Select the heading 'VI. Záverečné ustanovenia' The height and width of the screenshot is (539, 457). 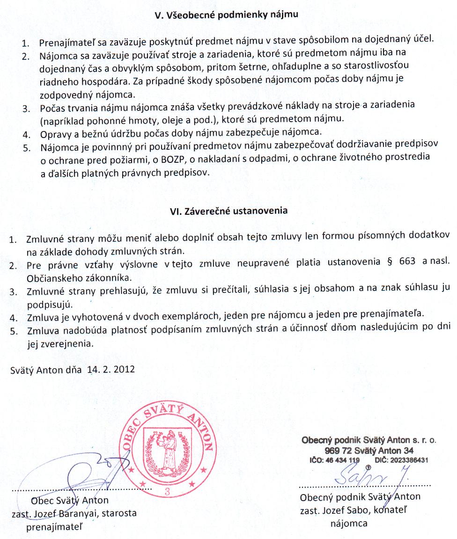point(228,211)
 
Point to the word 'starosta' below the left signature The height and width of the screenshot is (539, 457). point(121,513)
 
